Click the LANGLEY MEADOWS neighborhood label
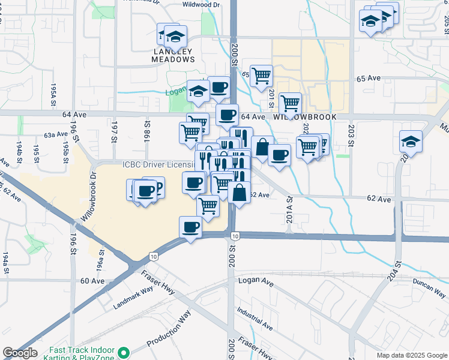pyautogui.click(x=173, y=55)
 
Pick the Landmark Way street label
pyautogui.click(x=133, y=298)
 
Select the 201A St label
pyautogui.click(x=289, y=209)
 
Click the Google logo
pyautogui.click(x=20, y=353)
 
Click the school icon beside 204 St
pyautogui.click(x=411, y=141)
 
